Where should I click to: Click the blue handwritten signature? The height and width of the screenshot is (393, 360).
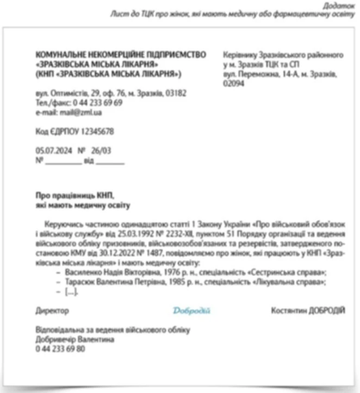(x=191, y=310)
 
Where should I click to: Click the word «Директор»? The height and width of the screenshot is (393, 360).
(x=52, y=310)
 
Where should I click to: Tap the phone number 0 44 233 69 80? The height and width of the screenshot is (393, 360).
(x=60, y=348)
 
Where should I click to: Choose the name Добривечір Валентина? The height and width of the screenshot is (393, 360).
(x=75, y=339)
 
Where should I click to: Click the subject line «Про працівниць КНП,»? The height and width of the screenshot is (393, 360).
(x=76, y=195)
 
